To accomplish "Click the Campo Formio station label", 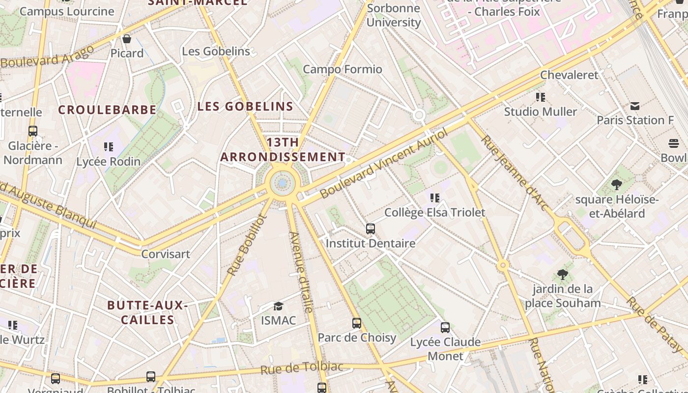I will [343, 69].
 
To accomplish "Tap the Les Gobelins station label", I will [216, 51].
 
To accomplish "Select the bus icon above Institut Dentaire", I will [371, 229].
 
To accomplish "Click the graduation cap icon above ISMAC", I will [279, 306].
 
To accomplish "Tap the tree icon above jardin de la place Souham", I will [563, 275].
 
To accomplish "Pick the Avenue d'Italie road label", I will [301, 272].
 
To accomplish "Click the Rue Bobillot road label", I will [247, 245].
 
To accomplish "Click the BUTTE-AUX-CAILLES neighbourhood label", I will [147, 312].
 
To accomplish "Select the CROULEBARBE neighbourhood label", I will [107, 110].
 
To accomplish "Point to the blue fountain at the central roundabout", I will [282, 183].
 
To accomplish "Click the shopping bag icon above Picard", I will [127, 39].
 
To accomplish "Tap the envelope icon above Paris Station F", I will [635, 106].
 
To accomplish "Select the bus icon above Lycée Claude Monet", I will [445, 328].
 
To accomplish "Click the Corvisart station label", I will [166, 254].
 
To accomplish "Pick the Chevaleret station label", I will [569, 75].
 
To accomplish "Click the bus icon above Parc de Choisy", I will [357, 323].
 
